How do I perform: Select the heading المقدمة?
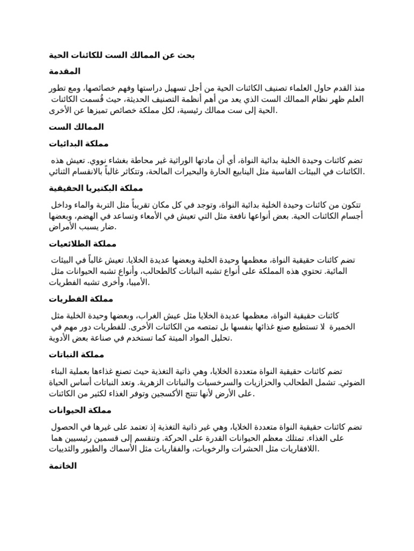pyautogui.click(x=65, y=71)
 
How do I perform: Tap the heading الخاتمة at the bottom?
pyautogui.click(x=63, y=466)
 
